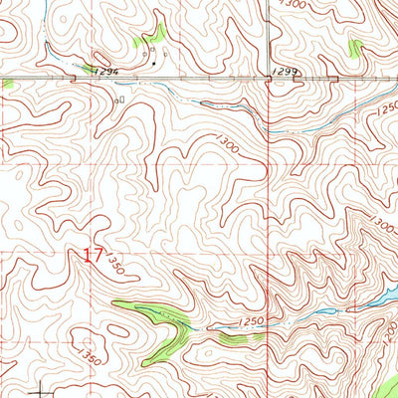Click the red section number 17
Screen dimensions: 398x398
[x=93, y=256]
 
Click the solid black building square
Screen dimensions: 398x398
[x=154, y=64]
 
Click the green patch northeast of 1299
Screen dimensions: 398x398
[x=356, y=47]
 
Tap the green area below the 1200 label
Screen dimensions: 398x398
[x=383, y=383]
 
